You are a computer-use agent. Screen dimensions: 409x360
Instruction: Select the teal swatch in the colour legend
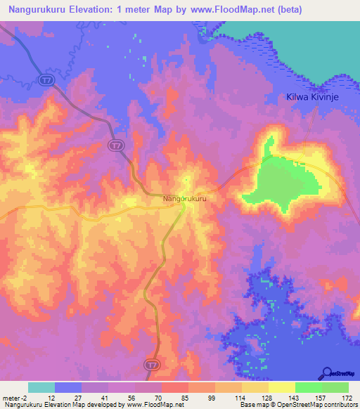[41, 387]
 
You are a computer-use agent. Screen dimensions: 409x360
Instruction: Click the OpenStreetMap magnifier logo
[327, 373]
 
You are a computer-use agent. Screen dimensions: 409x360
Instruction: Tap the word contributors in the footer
[339, 405]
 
